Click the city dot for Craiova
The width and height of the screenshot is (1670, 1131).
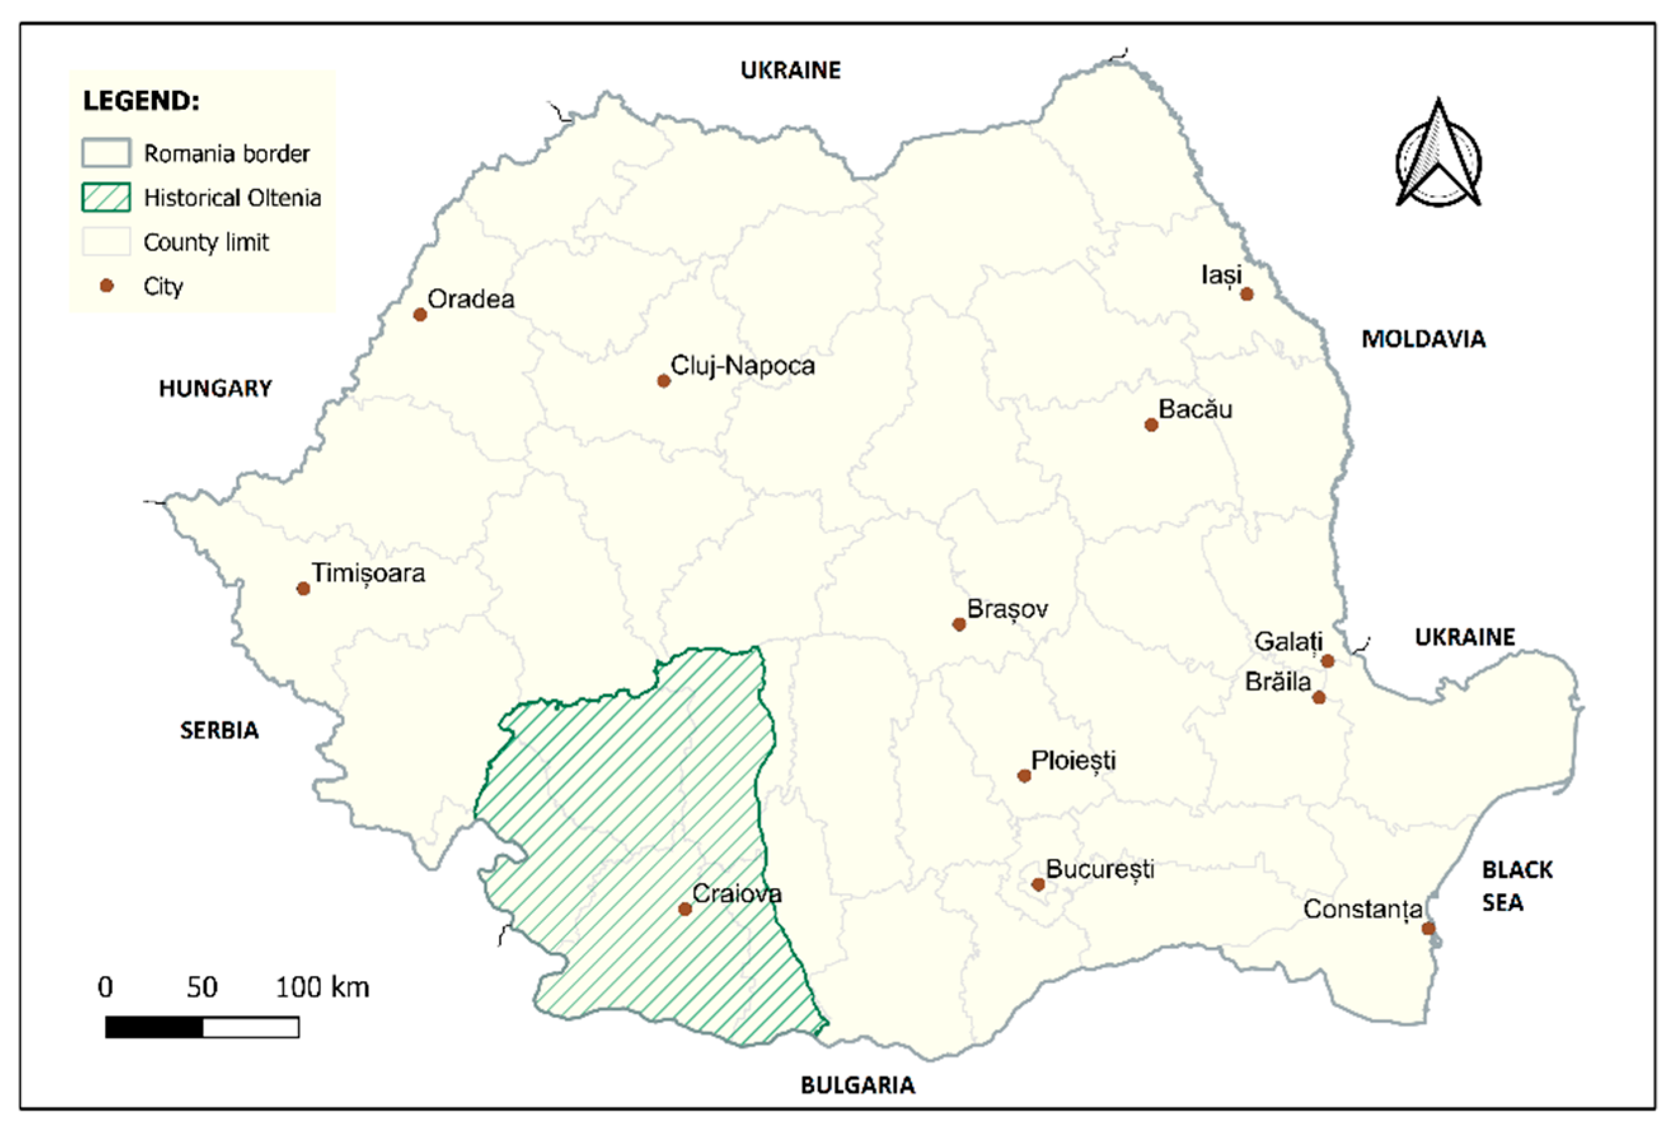tap(685, 909)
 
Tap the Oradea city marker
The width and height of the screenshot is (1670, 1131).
tap(421, 314)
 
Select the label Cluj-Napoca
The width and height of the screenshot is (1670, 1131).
tap(742, 366)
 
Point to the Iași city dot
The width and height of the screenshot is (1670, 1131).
tap(1247, 294)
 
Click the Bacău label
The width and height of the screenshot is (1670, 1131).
tap(1195, 409)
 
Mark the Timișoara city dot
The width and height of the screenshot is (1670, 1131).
tap(303, 588)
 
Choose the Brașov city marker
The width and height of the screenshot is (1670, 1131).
tap(958, 624)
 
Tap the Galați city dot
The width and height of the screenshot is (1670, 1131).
tap(1327, 661)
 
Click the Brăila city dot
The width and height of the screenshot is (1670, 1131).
tap(1319, 697)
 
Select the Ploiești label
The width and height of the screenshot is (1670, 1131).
tap(1073, 761)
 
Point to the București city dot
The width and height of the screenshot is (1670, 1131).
tap(1038, 884)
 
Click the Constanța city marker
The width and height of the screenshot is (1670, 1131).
tap(1429, 928)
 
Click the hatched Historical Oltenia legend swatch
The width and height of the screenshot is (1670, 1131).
tap(106, 197)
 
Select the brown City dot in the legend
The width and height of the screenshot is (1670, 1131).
tap(106, 286)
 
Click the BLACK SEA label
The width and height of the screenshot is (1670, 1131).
tap(1516, 886)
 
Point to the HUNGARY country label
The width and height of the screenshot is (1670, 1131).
tap(215, 388)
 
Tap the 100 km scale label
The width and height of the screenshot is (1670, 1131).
tap(322, 987)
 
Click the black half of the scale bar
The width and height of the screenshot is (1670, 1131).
tap(154, 1027)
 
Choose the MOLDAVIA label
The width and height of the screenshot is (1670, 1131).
tap(1423, 339)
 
